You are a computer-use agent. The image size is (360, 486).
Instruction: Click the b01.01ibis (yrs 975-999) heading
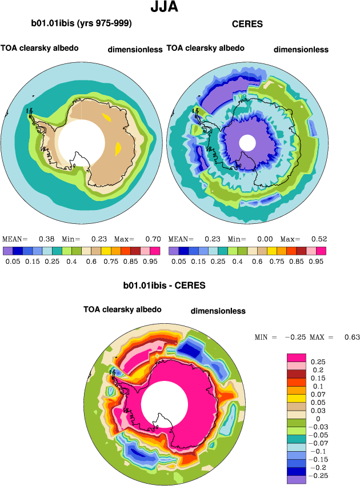(82, 23)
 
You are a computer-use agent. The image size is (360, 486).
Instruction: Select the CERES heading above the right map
(246, 24)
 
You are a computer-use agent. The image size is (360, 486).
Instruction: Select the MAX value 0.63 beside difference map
(352, 338)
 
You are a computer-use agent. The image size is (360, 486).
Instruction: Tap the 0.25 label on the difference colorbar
(317, 362)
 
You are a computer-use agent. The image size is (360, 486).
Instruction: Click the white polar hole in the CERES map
(247, 142)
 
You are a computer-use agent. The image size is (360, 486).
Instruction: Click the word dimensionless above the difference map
(218, 311)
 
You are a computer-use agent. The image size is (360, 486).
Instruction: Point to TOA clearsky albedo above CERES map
(205, 48)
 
